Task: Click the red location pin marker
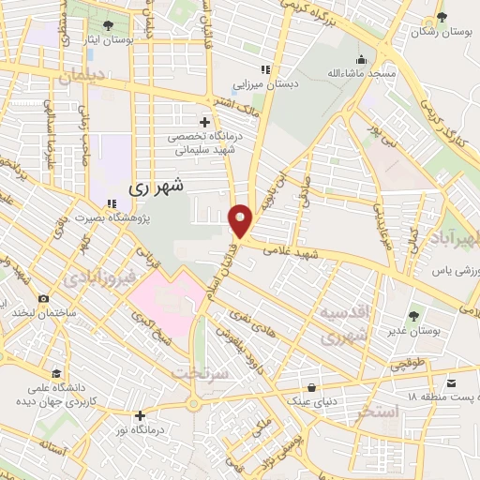click(x=241, y=219)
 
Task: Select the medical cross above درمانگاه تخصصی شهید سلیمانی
click(x=205, y=122)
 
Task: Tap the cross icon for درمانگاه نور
click(x=141, y=415)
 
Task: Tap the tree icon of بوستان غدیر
click(x=414, y=315)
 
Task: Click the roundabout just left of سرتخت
click(x=193, y=406)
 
